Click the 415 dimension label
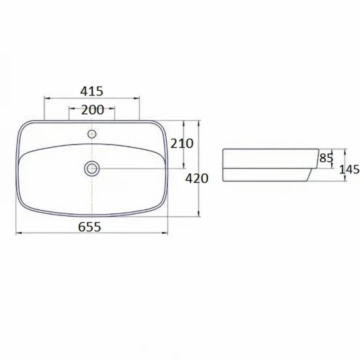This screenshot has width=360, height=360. pos(91,91)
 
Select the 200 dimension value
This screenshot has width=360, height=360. pos(93,110)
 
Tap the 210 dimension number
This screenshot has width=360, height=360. pos(182,144)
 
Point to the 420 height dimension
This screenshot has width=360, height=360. pos(197,179)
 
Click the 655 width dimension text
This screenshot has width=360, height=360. pos(89,227)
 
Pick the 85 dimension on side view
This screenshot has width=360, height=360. pos(326,158)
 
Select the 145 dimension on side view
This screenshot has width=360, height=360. pos(349,170)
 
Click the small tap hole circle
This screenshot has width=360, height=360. pos(92,133)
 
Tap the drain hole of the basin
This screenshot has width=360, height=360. pos(92,169)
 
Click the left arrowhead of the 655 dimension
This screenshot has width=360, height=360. pos(19,233)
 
